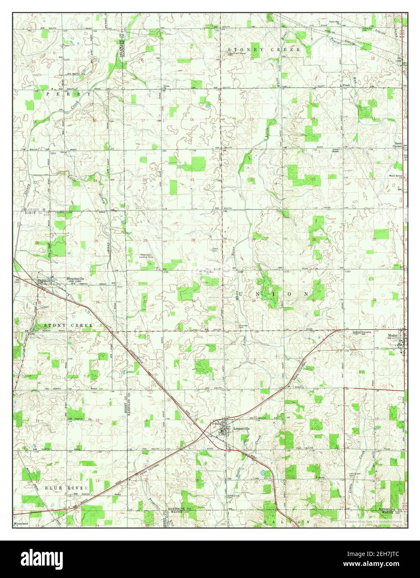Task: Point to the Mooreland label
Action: [20, 524]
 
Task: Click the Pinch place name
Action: [346, 85]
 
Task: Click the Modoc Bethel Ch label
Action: [396, 176]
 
